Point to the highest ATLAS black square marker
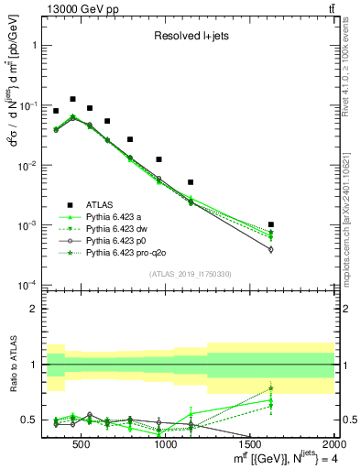72,99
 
